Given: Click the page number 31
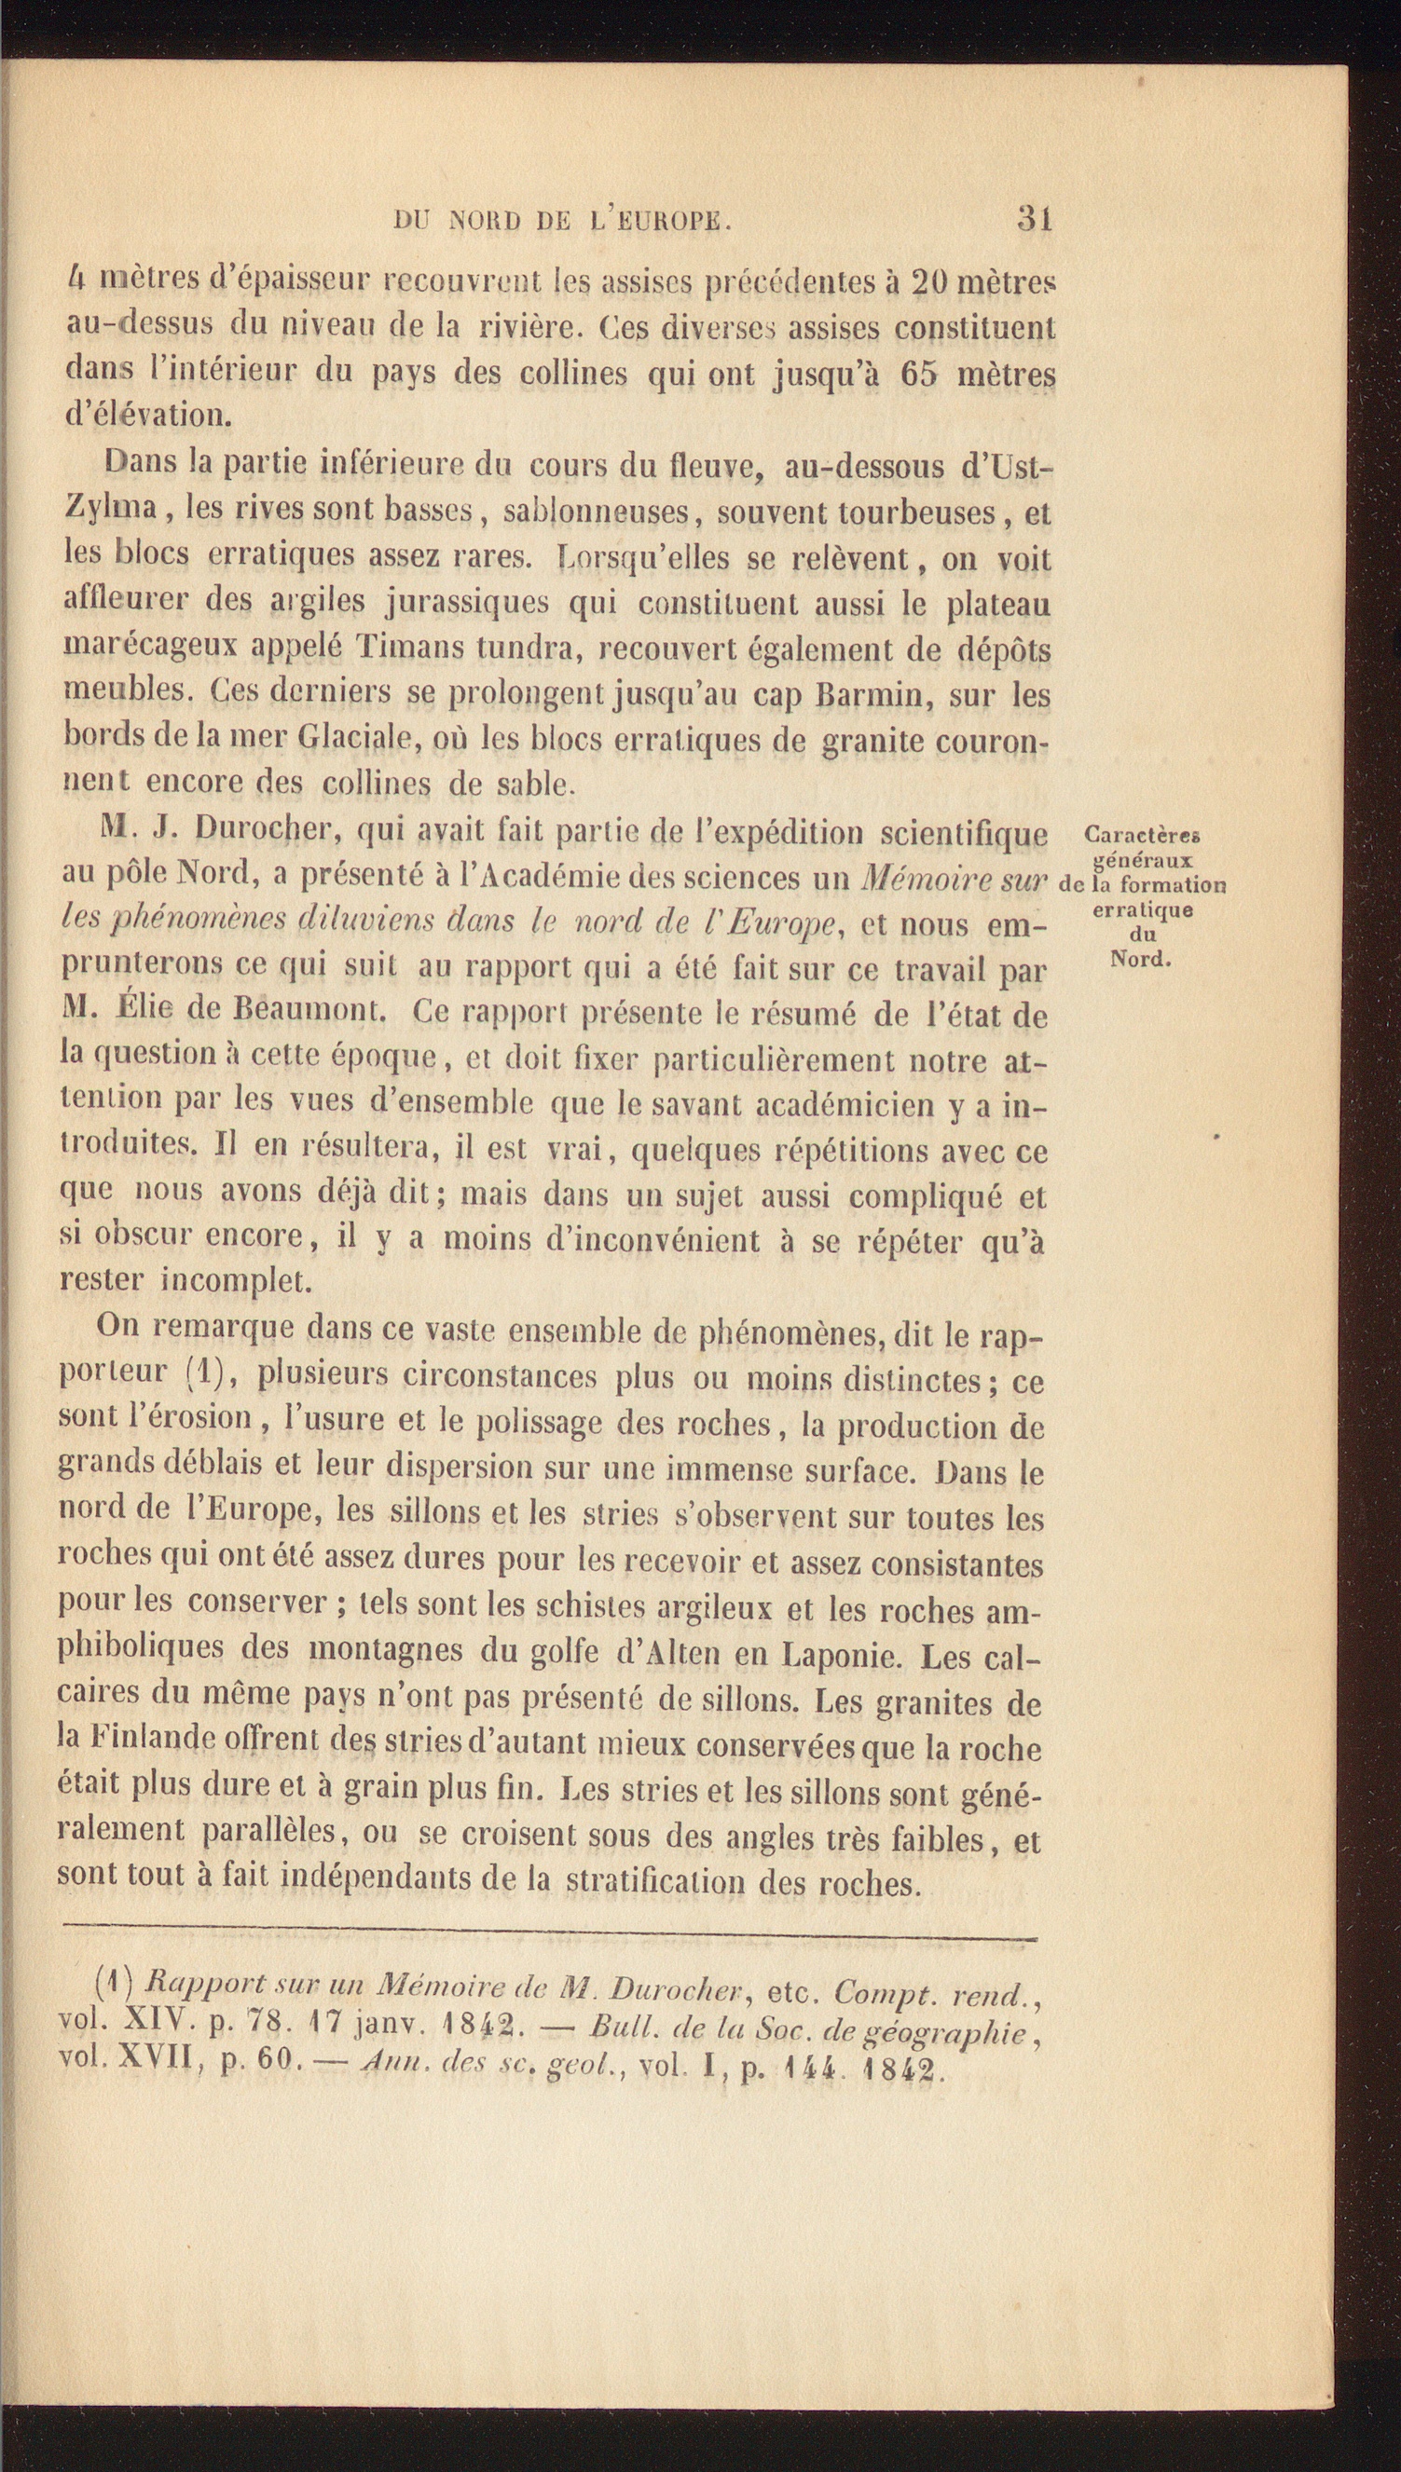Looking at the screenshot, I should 1035,219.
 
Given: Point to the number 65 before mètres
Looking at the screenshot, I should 918,372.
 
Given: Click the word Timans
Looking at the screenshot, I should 409,649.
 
